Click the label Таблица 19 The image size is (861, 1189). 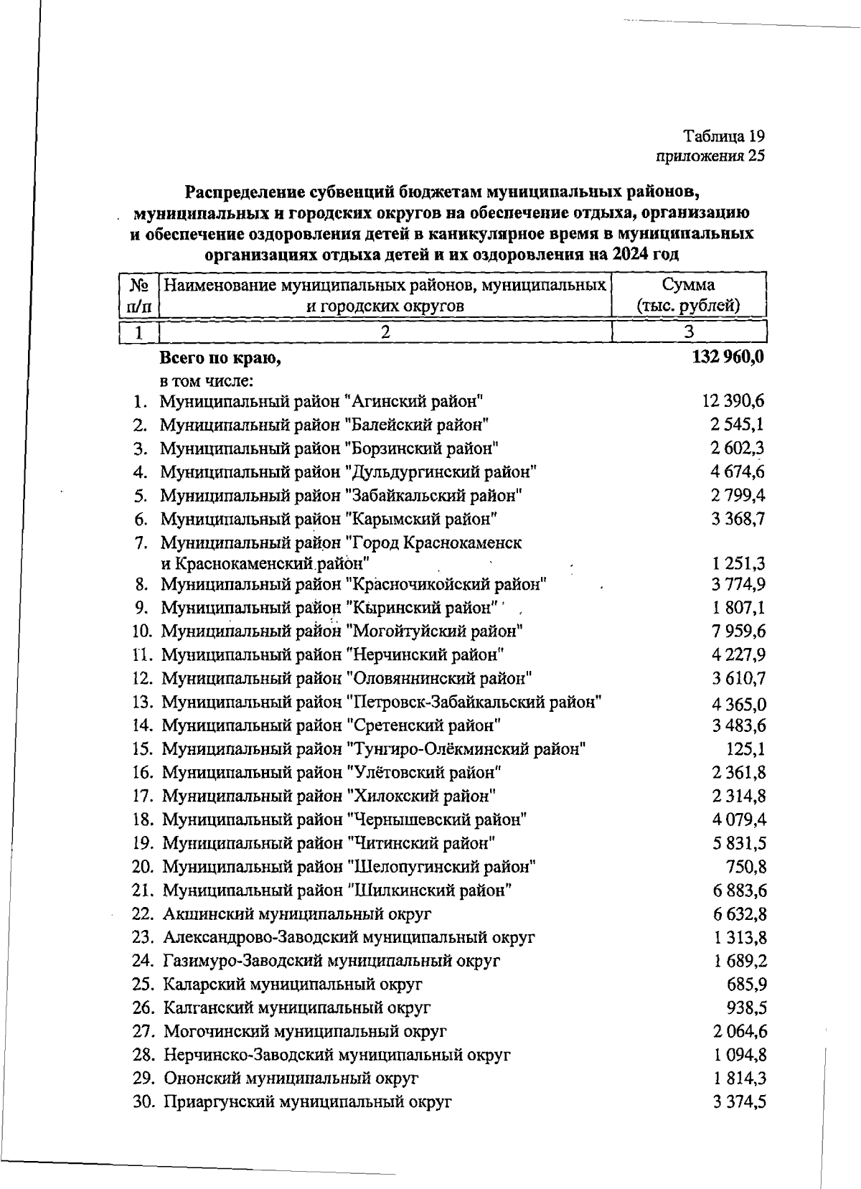723,136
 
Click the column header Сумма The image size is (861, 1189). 688,284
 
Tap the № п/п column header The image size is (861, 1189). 139,295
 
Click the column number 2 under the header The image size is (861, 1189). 385,332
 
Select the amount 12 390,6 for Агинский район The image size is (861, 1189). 733,401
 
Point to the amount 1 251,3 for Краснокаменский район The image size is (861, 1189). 738,563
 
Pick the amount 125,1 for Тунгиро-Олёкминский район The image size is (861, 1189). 745,749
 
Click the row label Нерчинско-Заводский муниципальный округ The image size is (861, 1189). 337,1055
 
